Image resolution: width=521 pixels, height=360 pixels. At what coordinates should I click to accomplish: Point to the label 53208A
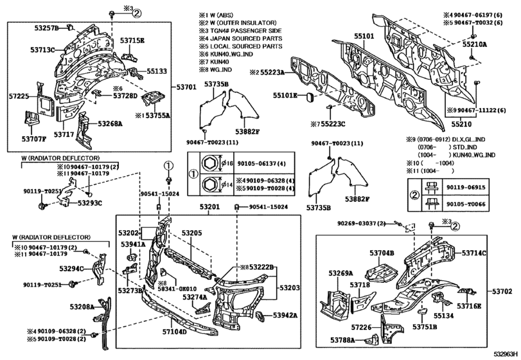(82, 308)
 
